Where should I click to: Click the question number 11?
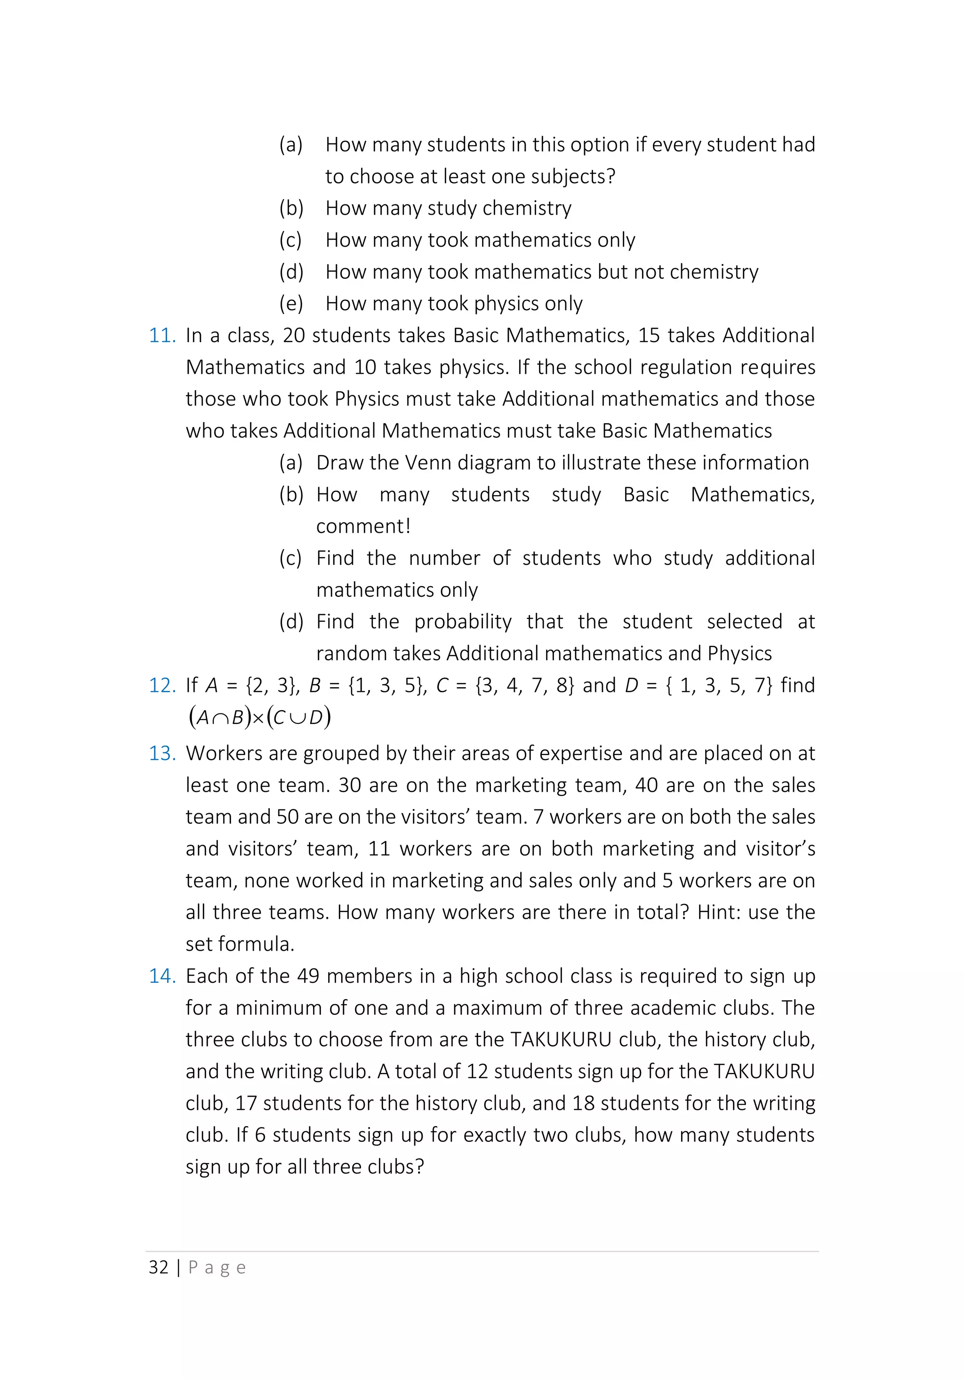click(x=162, y=336)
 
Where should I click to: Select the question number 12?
click(x=162, y=686)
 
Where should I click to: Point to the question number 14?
click(x=162, y=977)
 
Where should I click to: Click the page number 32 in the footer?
click(x=159, y=1268)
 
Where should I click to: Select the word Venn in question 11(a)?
click(x=427, y=463)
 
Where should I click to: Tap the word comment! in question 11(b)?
click(x=363, y=527)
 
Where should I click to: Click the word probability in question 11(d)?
click(x=463, y=622)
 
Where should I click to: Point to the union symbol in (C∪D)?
click(x=297, y=718)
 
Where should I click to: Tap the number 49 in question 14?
click(x=308, y=977)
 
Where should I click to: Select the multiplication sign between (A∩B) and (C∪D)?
click(x=258, y=720)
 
